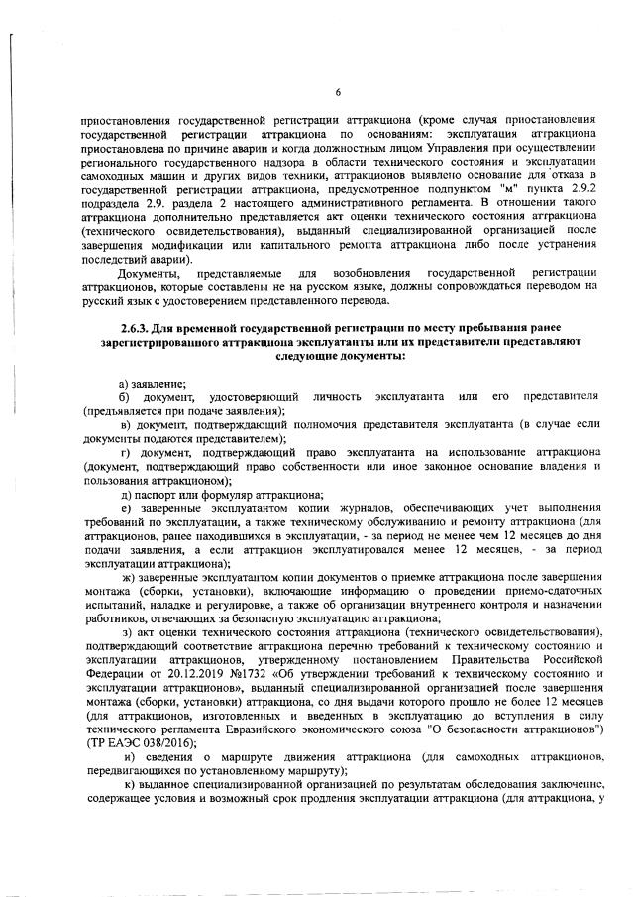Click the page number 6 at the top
(338, 94)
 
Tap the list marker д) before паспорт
(126, 493)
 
